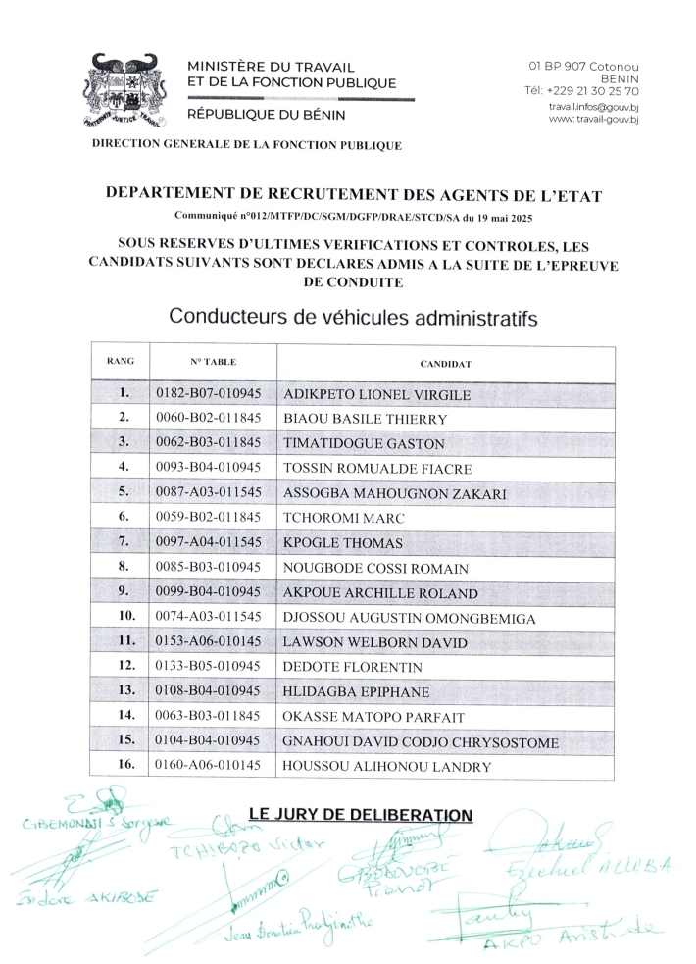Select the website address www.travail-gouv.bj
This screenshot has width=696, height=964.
[x=593, y=119]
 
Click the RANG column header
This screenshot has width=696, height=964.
[x=120, y=362]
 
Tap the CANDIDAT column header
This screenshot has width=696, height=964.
[x=446, y=364]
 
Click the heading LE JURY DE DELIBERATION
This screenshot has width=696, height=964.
[x=361, y=814]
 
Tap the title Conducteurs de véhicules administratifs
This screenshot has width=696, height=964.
[x=354, y=317]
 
